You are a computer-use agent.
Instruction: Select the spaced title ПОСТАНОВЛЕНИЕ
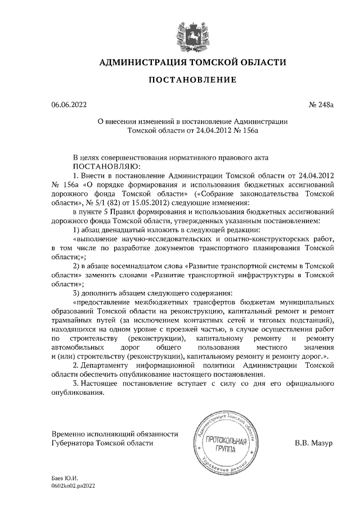[192, 80]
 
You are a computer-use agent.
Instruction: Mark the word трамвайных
[71, 319]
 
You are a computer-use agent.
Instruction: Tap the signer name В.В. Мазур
[314, 443]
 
